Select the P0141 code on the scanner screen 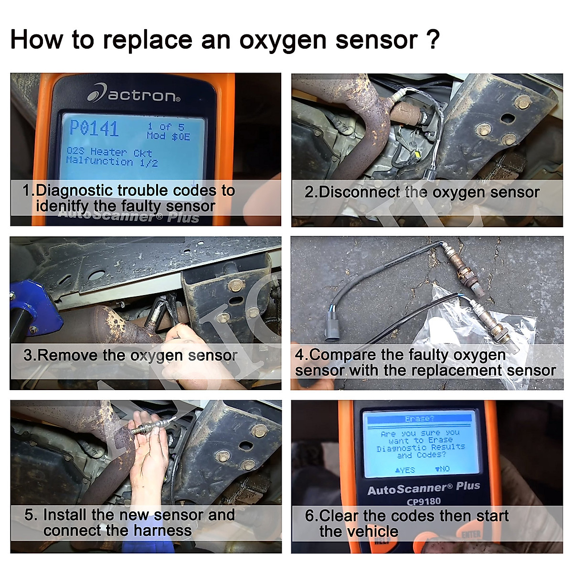(94, 128)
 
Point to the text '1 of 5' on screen (165, 127)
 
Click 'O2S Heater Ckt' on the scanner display (109, 152)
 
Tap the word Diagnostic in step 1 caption (74, 191)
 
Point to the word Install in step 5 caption (64, 515)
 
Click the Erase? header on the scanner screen (419, 419)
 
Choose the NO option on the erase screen (442, 469)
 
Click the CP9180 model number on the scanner (423, 501)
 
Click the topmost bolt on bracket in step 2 (523, 102)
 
